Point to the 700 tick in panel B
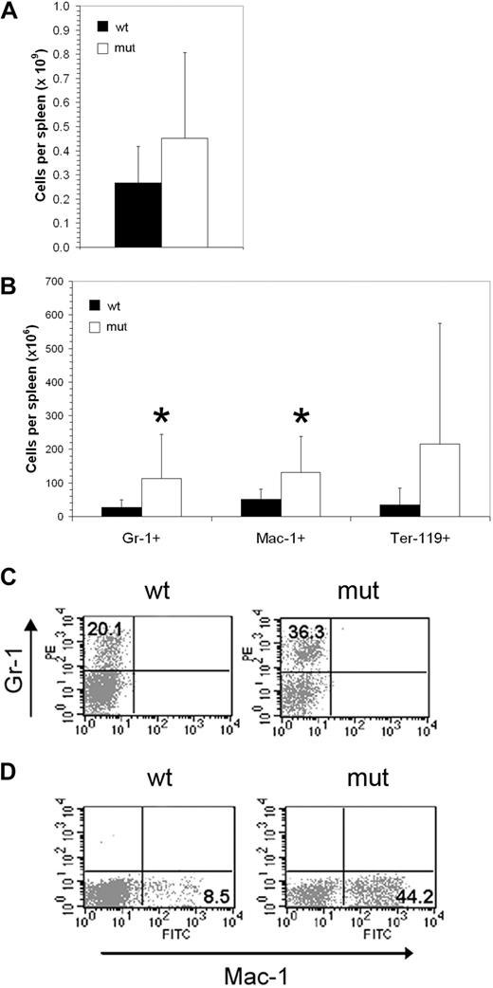[71, 282]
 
